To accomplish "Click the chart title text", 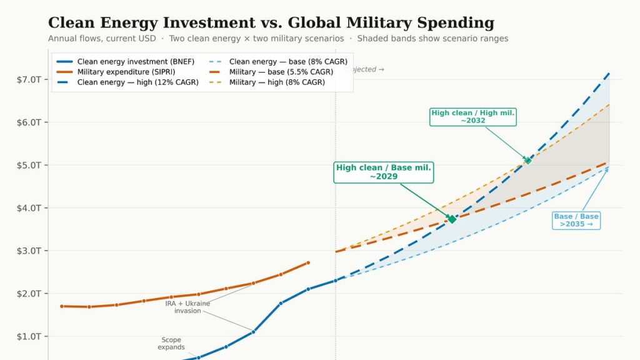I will click(271, 23).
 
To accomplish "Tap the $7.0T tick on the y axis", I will click(29, 79).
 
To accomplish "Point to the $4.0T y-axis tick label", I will click(29, 208).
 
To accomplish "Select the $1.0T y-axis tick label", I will click(29, 337).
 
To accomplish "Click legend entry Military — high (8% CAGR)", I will click(277, 82).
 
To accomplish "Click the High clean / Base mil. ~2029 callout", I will click(383, 172).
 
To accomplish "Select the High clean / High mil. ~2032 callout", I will click(473, 117).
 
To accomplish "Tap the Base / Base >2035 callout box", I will click(576, 220).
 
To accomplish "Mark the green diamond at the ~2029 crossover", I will click(452, 219).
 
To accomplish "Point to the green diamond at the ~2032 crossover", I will click(527, 161).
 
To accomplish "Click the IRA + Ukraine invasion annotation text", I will click(187, 307).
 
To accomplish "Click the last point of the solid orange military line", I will click(308, 262).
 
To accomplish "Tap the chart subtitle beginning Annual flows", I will click(278, 39).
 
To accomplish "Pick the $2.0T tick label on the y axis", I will click(29, 294).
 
